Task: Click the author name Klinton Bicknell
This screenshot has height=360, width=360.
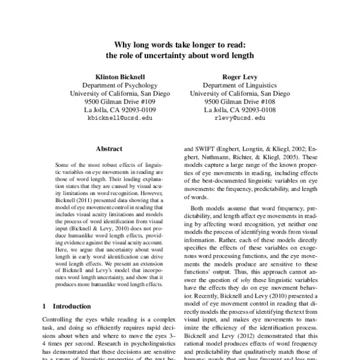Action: (119, 77)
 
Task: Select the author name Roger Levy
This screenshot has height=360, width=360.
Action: (239, 77)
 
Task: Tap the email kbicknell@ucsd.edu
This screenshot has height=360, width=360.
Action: (120, 119)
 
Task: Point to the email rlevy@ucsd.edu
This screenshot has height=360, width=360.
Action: (239, 119)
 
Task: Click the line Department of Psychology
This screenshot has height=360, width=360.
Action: (119, 86)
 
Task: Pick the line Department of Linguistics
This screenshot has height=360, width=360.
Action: (239, 86)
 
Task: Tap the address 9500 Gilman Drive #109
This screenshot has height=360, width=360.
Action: (119, 102)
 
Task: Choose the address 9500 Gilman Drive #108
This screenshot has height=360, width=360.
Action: (239, 102)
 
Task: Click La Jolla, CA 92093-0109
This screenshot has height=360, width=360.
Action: (119, 110)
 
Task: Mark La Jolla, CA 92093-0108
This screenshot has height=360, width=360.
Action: (239, 110)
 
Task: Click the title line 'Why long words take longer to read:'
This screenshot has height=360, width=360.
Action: (180, 45)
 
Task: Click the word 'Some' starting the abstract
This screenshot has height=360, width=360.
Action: (64, 164)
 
